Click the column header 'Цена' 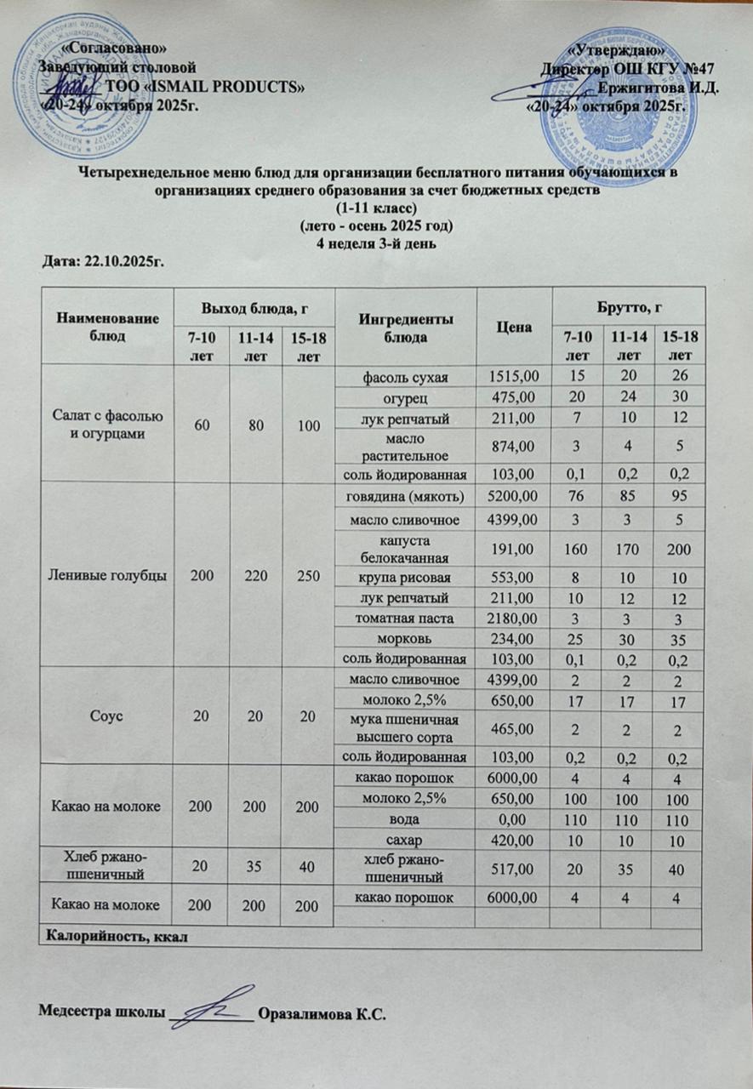click(514, 326)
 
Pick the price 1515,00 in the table click(514, 376)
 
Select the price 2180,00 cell click(514, 620)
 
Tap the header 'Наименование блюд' click(106, 326)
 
